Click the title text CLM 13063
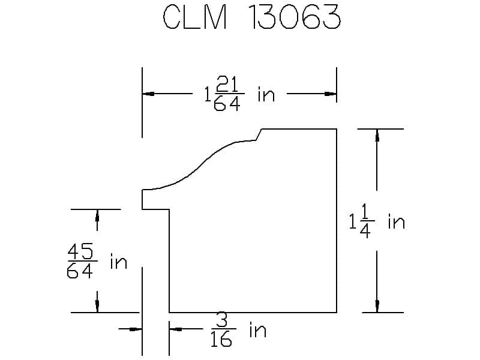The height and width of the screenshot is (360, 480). (x=251, y=17)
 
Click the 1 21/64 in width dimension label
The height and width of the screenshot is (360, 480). (x=239, y=94)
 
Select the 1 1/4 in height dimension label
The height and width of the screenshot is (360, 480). (x=377, y=221)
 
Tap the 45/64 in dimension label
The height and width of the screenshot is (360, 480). (x=97, y=261)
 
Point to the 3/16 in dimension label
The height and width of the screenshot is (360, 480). (x=238, y=329)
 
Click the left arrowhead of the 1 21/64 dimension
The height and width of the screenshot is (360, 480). (x=148, y=94)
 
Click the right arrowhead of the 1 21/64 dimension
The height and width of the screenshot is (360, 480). (x=331, y=94)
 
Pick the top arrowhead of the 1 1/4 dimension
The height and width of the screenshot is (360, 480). (x=377, y=135)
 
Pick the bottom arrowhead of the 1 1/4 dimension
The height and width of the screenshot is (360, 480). (x=377, y=306)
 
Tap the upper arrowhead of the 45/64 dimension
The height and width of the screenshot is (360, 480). (x=97, y=215)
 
